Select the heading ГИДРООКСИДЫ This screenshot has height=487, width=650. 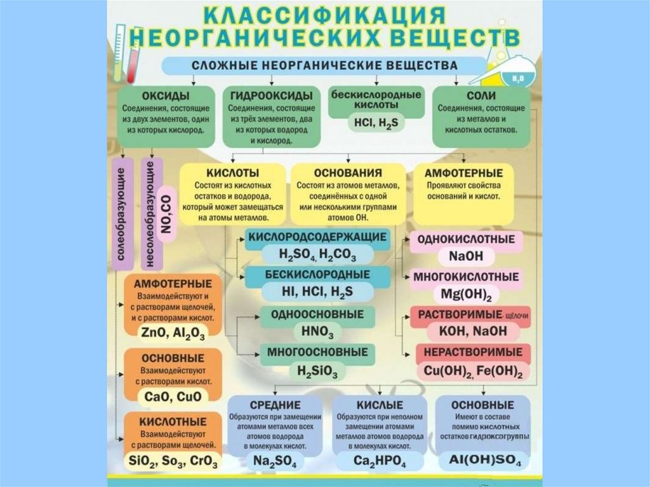tap(271, 96)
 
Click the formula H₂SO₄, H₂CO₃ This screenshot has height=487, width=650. tap(317, 254)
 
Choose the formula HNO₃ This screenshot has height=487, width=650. tap(308, 330)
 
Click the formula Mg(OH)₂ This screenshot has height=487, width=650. tap(465, 294)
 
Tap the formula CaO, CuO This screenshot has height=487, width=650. tap(172, 396)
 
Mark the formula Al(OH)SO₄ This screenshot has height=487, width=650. tap(482, 460)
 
